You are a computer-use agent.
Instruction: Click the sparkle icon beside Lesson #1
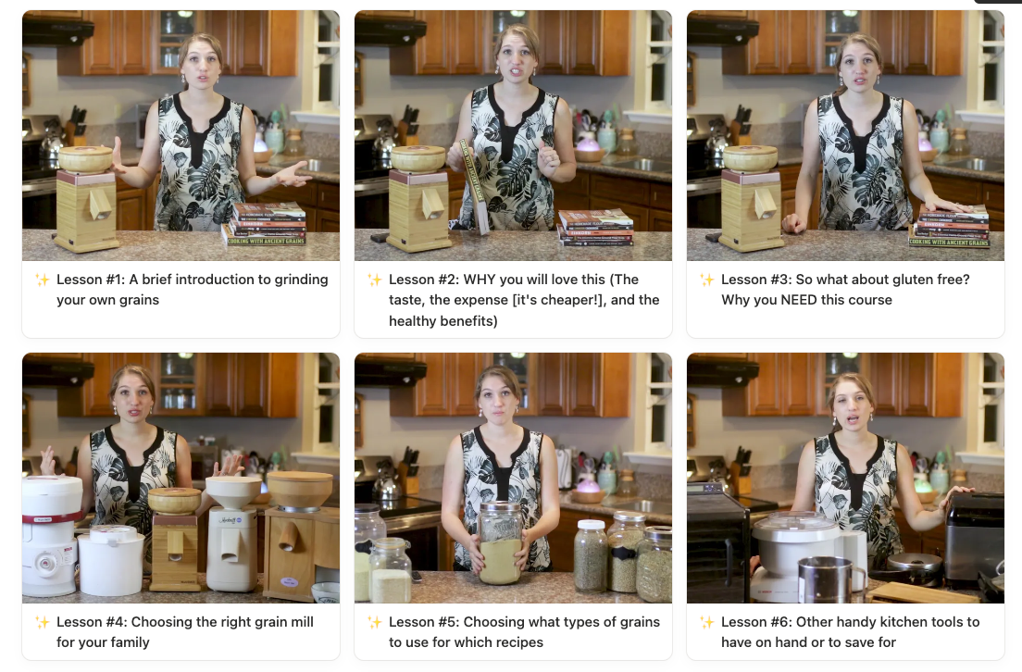click(43, 280)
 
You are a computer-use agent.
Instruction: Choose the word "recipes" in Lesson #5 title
click(519, 642)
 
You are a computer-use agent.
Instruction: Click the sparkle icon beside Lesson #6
click(707, 622)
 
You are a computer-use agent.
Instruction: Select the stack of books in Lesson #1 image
click(266, 225)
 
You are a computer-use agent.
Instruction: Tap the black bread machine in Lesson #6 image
click(975, 537)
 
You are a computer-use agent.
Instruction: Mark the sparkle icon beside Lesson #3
click(707, 280)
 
